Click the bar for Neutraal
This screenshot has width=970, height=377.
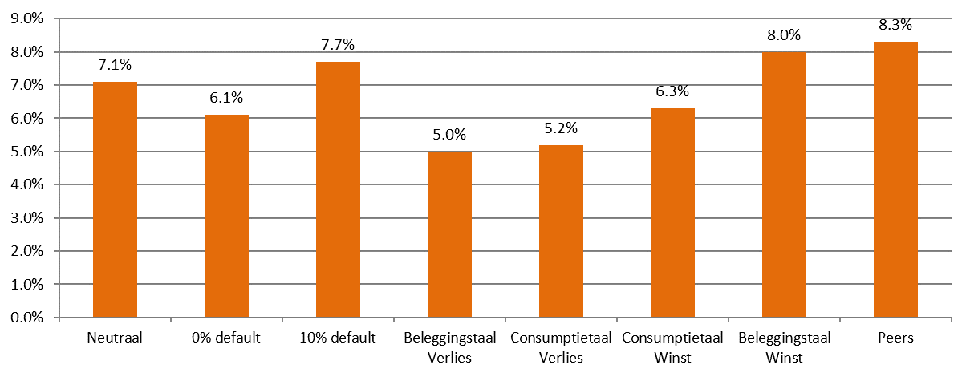[115, 200]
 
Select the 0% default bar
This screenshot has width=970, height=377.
[226, 217]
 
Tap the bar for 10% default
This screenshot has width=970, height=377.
[338, 190]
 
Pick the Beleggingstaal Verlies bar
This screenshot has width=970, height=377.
[449, 234]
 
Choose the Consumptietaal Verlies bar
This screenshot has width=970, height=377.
[561, 231]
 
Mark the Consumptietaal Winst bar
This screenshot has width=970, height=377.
[672, 213]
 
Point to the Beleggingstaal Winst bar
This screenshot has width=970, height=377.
[784, 184]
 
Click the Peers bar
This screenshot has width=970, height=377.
[895, 180]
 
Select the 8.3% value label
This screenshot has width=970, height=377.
[895, 25]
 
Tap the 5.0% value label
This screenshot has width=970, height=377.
[449, 135]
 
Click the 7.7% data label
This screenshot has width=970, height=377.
[338, 45]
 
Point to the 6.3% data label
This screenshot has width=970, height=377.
[672, 91]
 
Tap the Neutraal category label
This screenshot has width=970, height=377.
[115, 338]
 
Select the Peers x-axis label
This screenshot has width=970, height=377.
[895, 338]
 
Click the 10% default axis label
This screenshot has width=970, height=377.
[338, 338]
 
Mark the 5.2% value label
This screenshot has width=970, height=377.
[561, 128]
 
